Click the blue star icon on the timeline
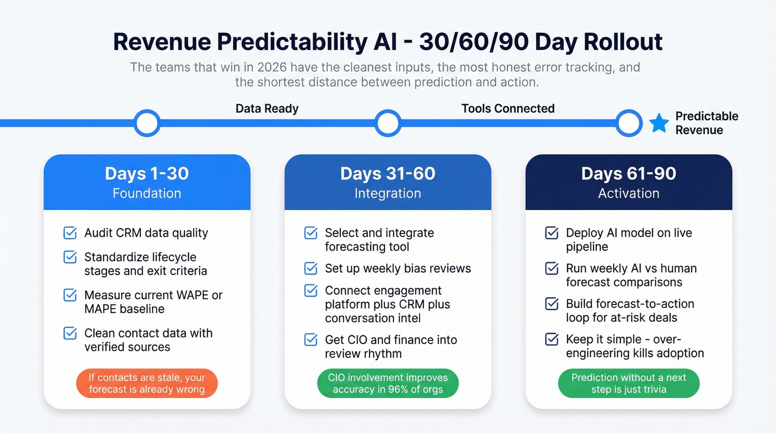coord(658,123)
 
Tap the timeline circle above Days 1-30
coord(147,123)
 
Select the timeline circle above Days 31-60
coord(387,123)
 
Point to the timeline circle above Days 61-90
coord(629,123)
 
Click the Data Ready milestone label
coord(267,108)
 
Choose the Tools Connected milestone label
coord(508,108)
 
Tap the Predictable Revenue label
coord(707,123)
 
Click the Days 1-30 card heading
coord(147,174)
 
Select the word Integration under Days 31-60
coord(387,193)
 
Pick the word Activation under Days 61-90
coord(629,193)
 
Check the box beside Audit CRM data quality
coord(70,233)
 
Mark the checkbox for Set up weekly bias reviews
coord(311,268)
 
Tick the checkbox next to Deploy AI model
coord(552,233)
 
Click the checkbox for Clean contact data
coord(70,333)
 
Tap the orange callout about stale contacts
coord(147,384)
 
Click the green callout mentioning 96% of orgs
coord(387,384)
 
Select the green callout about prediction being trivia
coord(629,384)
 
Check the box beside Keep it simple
coord(552,339)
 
